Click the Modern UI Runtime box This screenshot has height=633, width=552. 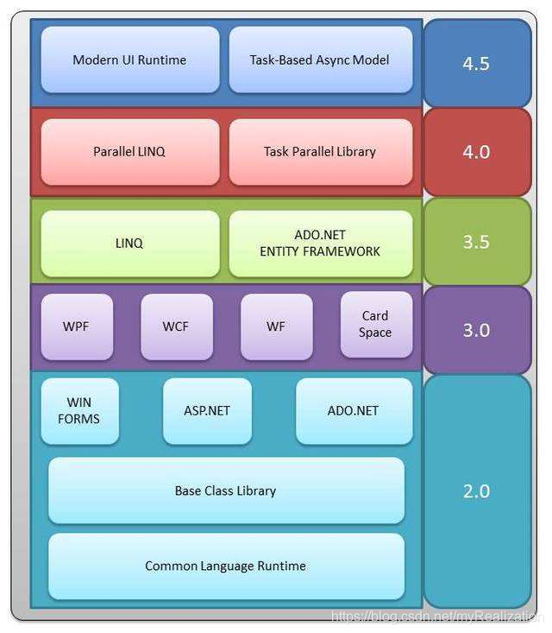tap(129, 60)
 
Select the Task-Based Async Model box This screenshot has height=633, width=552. tap(320, 60)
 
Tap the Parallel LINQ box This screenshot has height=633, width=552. tap(129, 151)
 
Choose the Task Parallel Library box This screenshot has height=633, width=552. tap(320, 151)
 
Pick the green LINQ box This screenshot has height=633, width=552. tap(129, 244)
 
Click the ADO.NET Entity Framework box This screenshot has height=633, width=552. tap(320, 244)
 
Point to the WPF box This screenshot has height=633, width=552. tap(76, 327)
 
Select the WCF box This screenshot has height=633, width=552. tap(176, 327)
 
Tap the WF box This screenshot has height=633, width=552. tap(276, 327)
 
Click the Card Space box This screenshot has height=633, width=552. tap(375, 324)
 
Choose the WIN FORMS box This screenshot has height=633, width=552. tap(79, 411)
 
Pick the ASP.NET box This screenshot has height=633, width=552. tap(207, 411)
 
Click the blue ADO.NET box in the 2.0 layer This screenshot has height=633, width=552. tap(354, 411)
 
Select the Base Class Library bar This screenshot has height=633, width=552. tap(226, 491)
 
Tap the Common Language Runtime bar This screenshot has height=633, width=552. tap(226, 567)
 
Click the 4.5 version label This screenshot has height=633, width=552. tap(477, 64)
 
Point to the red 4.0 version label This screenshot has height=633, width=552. tap(477, 152)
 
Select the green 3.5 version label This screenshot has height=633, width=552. tap(477, 242)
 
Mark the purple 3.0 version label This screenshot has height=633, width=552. tap(477, 330)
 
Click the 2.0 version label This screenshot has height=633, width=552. tap(477, 491)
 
